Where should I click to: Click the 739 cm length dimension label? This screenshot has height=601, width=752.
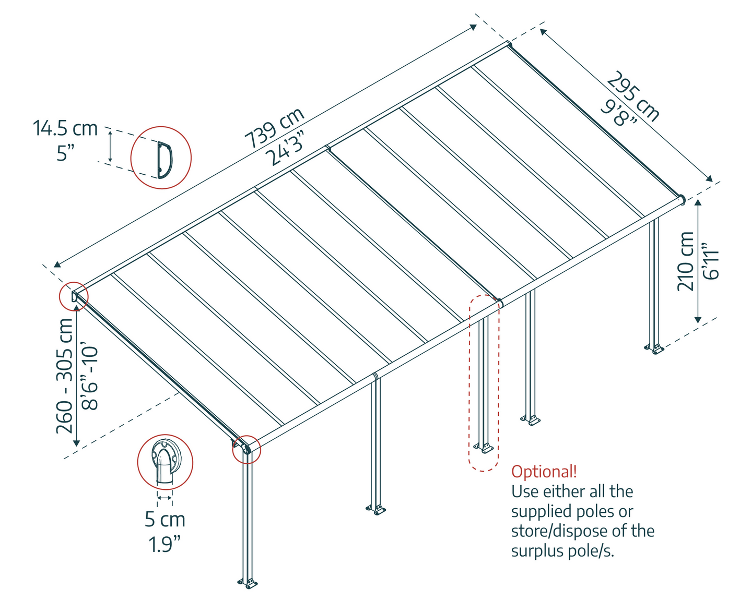275,128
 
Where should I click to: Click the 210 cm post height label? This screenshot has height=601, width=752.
685,261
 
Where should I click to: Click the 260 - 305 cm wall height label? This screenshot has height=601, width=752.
65,376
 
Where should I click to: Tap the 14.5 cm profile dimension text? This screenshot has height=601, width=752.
65,128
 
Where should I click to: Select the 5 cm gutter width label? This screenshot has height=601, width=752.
165,520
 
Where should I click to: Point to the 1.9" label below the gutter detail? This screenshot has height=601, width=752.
165,544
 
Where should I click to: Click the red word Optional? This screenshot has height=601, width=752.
544,472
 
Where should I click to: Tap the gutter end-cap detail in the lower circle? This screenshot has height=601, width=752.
165,461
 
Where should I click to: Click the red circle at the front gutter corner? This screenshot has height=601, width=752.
246,449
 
